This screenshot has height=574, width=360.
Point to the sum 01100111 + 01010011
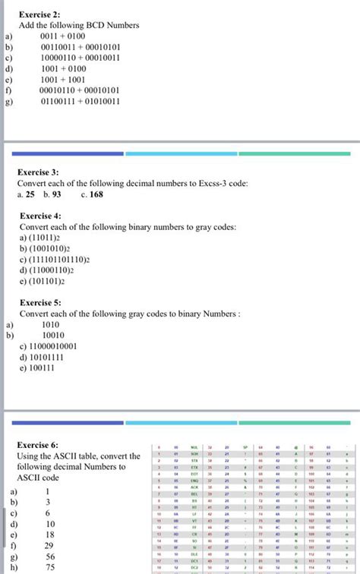[x=81, y=99]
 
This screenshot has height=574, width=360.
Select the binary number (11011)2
[x=49, y=238]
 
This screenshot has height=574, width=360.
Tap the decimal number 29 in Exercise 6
[x=49, y=545]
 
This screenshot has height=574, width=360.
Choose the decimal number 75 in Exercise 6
[x=49, y=567]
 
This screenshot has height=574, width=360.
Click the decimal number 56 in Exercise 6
[x=49, y=556]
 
